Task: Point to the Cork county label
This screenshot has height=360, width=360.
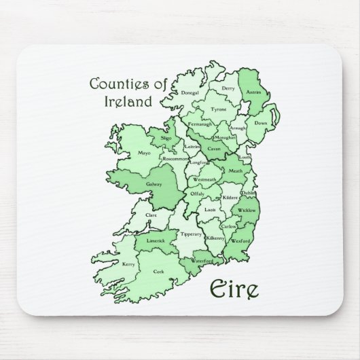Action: (x=159, y=272)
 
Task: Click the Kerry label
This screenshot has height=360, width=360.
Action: (x=128, y=264)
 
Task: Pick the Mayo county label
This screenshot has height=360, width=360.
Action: (x=144, y=153)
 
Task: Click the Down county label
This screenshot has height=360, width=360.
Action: (x=260, y=124)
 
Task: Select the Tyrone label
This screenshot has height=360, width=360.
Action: (x=218, y=109)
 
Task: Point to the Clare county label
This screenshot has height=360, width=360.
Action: (x=151, y=215)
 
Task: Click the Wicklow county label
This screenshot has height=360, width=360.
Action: (x=247, y=211)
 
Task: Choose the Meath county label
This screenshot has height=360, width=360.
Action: (x=236, y=171)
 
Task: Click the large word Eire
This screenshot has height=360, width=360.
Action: (x=232, y=289)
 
